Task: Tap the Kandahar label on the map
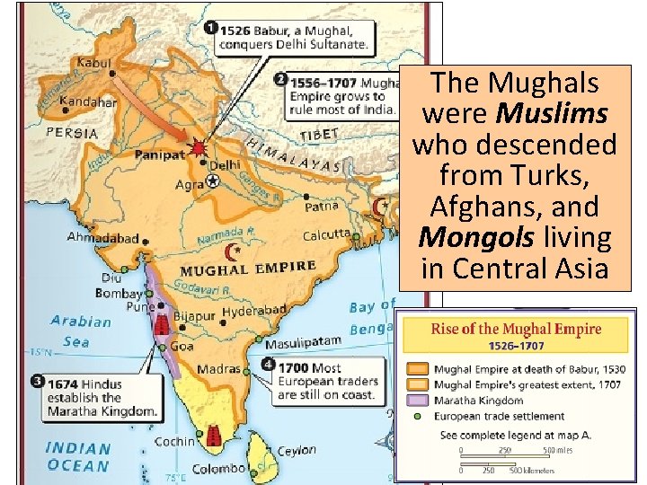point(88,101)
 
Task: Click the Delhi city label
point(225,164)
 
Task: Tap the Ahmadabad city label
point(103,239)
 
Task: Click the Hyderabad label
point(253,310)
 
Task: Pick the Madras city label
point(219,369)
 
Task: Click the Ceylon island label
point(297,451)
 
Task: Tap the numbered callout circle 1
point(209,28)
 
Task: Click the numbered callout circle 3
point(37,382)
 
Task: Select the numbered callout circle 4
point(268,366)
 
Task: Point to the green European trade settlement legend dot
point(416,416)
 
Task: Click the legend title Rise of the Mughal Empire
point(516,329)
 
